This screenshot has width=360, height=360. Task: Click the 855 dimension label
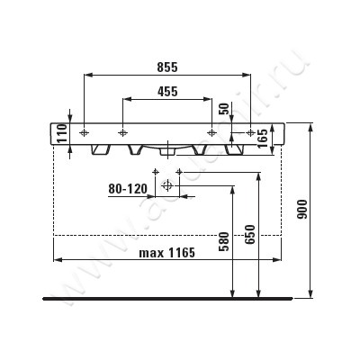point(166,67)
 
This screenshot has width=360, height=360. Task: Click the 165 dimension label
point(262,137)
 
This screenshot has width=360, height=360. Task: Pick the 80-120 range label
point(127,189)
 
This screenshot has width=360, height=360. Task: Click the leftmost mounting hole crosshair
point(84,132)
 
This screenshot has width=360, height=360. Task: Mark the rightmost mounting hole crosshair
point(248,132)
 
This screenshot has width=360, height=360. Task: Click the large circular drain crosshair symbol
point(166,187)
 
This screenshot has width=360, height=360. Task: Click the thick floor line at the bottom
point(167,296)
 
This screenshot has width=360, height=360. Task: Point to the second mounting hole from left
point(120,132)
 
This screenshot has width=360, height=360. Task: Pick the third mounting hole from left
point(212,132)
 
